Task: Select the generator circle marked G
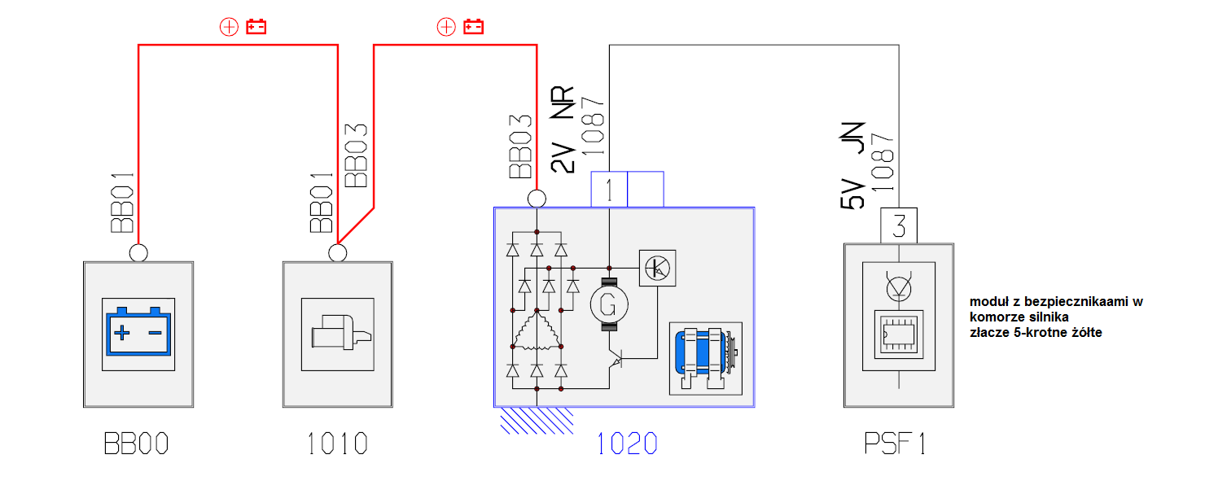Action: (x=609, y=304)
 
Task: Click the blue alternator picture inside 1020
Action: (x=704, y=358)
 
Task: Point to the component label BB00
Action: (x=137, y=444)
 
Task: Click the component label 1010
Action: (x=337, y=444)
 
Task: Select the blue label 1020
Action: (x=627, y=444)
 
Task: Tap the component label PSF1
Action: (x=896, y=444)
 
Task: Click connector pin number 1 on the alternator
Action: (x=609, y=190)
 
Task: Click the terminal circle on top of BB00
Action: (x=138, y=252)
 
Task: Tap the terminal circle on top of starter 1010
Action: (x=337, y=252)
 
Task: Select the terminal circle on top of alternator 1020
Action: (x=537, y=199)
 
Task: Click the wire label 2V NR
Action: (x=563, y=130)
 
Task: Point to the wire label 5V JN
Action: (x=853, y=167)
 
